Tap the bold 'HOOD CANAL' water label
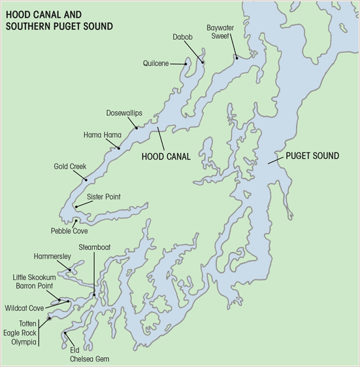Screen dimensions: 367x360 tap(166, 157)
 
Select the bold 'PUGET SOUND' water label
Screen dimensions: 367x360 tap(312, 156)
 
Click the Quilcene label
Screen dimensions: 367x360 tap(157, 63)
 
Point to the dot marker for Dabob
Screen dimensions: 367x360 tap(203, 62)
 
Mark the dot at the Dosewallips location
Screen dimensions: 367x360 tap(137, 128)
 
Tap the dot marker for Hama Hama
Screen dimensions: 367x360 tap(118, 148)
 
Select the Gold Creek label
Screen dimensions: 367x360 tap(70, 167)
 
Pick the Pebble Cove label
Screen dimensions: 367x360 tap(69, 231)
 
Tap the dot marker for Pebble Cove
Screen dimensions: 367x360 tap(76, 221)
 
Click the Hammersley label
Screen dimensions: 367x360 tap(52, 256)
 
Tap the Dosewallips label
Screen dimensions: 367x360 tap(124, 113)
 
